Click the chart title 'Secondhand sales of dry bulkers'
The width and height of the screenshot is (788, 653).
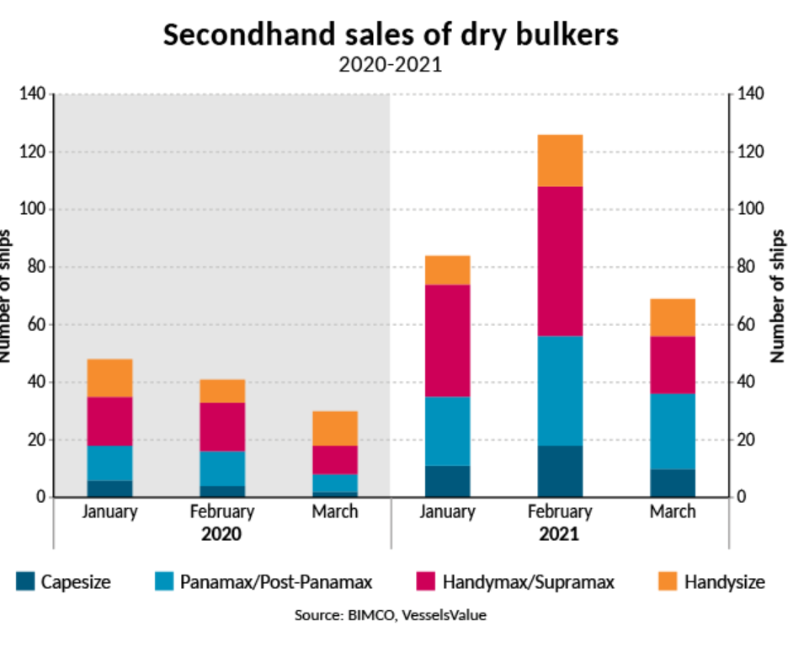point(391,35)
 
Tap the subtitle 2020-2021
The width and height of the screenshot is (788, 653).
point(391,65)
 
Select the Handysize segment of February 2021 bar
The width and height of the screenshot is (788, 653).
point(560,160)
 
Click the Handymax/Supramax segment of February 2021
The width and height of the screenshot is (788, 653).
point(560,261)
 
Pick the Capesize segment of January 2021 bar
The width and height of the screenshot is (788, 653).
point(447,481)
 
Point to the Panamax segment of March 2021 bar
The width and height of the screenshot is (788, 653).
point(673,431)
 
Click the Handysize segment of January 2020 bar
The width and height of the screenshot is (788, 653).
point(109,378)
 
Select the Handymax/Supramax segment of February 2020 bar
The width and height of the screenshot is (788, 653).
point(222,427)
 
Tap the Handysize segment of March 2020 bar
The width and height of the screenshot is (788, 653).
point(335,429)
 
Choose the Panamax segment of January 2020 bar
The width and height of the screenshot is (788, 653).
point(109,463)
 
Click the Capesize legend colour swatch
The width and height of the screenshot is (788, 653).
point(24,581)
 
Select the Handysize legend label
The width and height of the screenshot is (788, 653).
point(724,581)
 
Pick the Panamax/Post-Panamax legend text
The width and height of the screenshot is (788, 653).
point(277,581)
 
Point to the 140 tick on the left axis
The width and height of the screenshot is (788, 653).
point(33,94)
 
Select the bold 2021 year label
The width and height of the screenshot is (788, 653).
point(560,534)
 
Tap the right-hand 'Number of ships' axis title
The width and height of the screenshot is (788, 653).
point(778,294)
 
